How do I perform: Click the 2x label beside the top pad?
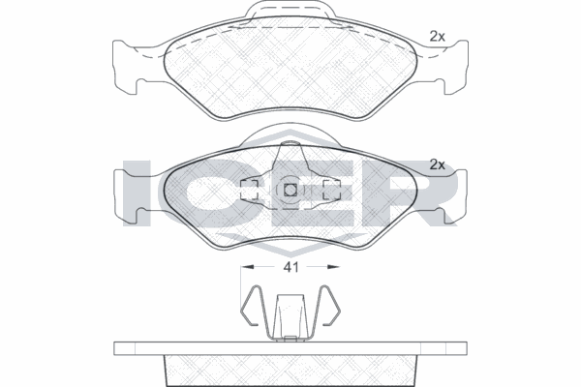tap(438, 37)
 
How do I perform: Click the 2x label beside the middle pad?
tap(438, 164)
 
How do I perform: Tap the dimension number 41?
tap(290, 267)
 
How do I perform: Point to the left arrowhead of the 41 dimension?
tap(247, 267)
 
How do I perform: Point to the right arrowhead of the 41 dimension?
tap(333, 267)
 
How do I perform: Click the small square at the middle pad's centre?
tap(290, 190)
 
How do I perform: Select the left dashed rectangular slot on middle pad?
tap(249, 190)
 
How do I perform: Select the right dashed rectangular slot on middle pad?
tap(331, 190)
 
